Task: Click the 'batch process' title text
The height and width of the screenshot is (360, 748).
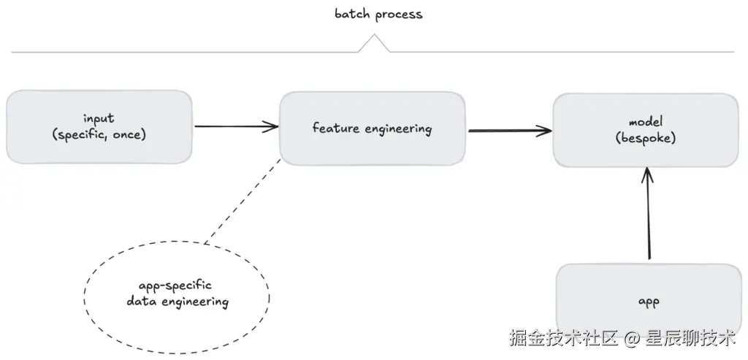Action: pos(378,15)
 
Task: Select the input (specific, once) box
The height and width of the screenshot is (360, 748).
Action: pos(99,127)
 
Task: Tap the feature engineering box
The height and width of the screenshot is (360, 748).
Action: pos(372,129)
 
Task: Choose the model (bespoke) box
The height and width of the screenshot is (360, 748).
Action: pos(646,130)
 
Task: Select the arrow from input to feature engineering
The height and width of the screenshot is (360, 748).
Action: pos(236,126)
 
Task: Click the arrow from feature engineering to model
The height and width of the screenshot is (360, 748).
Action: pos(509,130)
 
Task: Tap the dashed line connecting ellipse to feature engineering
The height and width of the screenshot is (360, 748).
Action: pos(243,201)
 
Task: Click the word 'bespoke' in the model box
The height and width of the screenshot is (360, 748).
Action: pos(646,138)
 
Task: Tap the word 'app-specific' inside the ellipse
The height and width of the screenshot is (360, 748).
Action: pos(175,286)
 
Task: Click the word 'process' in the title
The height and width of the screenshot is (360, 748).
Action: pos(399,15)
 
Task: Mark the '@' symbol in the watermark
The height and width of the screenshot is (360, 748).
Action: pos(631,339)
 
